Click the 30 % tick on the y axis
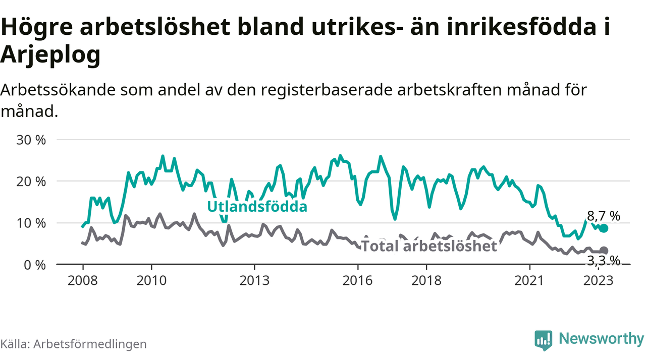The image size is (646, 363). coord(31,140)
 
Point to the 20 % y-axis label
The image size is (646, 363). coord(31,181)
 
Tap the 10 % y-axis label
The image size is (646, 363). coord(31,223)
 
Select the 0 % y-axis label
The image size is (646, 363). coord(35,264)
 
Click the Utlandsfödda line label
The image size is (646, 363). coord(257,206)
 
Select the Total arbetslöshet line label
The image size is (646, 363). coord(429,246)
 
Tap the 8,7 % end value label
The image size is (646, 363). coord(603,216)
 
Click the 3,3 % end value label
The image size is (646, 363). coord(603,260)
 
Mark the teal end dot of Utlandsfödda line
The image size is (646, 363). coord(604,228)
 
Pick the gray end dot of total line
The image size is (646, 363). coord(604,251)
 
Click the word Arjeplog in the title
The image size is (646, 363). coord(50,55)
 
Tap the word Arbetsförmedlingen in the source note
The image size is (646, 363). coord(90,344)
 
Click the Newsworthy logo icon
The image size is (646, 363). coord(543,340)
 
